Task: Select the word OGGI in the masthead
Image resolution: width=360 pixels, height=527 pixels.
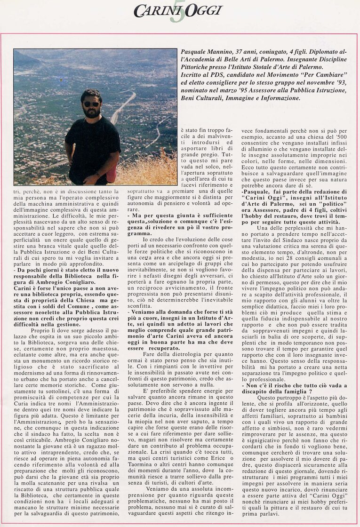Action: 203,11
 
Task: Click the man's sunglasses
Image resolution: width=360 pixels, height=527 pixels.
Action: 91,104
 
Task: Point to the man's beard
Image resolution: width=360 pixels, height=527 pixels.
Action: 92,113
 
